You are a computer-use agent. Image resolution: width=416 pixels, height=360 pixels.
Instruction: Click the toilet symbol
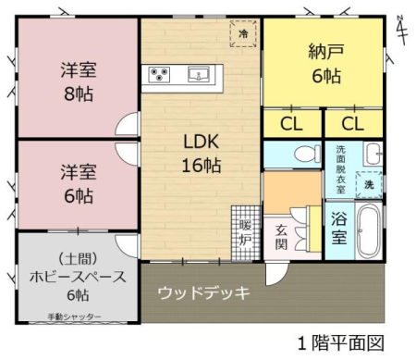point(307,154)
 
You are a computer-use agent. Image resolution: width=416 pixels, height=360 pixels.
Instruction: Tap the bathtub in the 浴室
point(369,230)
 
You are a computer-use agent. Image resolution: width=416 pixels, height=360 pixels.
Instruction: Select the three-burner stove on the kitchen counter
point(159,75)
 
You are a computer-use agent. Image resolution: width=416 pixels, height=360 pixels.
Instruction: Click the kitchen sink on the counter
point(199,75)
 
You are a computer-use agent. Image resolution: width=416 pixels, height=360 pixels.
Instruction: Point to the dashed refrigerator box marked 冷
point(243,33)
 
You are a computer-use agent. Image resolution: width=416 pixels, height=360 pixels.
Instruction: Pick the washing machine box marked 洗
point(369,184)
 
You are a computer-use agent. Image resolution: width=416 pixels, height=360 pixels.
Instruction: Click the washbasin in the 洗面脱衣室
point(373,154)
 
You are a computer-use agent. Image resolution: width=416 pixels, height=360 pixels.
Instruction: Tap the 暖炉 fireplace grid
point(246,233)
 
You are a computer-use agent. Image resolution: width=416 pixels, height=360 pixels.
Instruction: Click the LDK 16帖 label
point(202,154)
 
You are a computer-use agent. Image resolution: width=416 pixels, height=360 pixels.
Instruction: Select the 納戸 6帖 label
point(326,64)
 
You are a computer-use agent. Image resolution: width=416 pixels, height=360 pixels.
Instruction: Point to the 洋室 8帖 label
point(79,82)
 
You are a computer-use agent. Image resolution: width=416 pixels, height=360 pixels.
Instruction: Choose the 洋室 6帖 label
point(79,184)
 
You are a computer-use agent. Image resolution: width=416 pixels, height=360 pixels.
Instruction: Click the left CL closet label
point(291,124)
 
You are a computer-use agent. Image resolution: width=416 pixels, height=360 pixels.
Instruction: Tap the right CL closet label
point(353,124)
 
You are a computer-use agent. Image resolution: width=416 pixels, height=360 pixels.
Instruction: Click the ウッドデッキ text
point(203,292)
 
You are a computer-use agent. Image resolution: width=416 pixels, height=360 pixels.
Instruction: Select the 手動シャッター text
point(74,317)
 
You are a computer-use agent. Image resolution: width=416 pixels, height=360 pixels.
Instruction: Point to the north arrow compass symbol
point(402,30)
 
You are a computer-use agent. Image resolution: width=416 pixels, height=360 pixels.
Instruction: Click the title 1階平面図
point(341,343)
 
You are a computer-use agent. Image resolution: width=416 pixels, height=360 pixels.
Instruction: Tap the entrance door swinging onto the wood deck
point(276,274)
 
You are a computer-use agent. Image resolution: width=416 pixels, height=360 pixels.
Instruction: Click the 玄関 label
point(281,237)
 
